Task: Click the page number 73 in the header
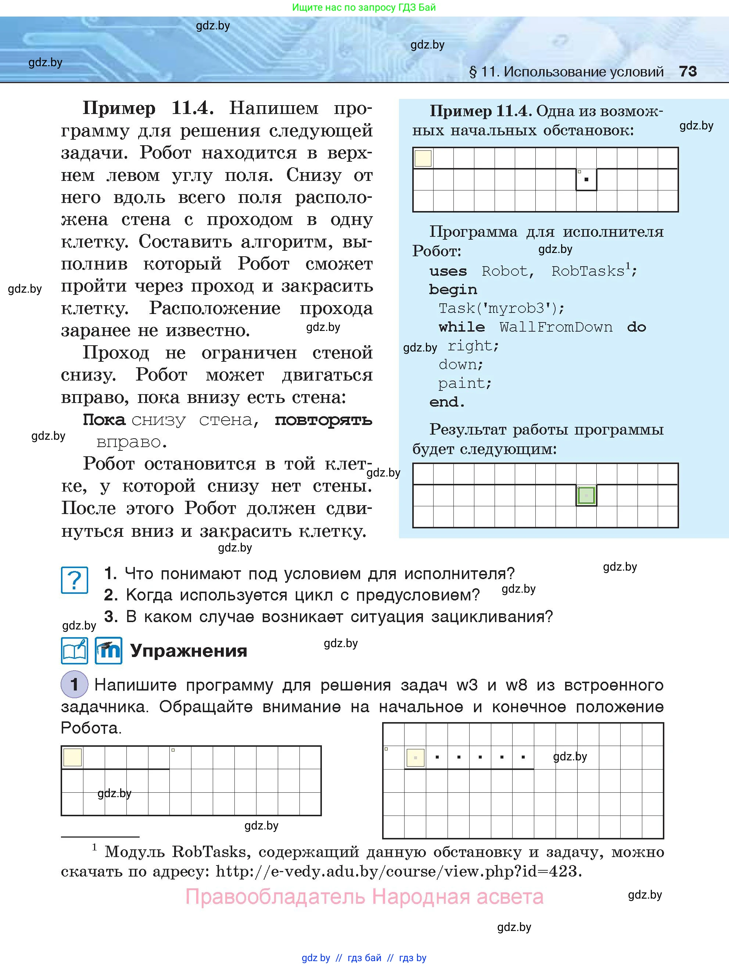click(x=688, y=71)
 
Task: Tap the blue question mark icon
click(x=75, y=580)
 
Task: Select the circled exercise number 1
click(x=74, y=684)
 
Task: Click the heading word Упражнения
click(x=189, y=651)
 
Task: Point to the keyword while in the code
click(x=462, y=327)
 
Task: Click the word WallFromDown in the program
click(x=556, y=327)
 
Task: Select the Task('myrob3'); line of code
click(x=502, y=308)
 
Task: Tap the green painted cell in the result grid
click(x=586, y=496)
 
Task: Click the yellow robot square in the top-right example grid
click(x=423, y=158)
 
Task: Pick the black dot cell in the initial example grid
click(x=586, y=179)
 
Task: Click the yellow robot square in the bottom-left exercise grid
click(x=72, y=757)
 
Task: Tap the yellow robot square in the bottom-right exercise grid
click(x=415, y=757)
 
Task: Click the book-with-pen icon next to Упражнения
click(x=75, y=650)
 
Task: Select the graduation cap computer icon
click(x=108, y=650)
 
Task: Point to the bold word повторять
click(x=323, y=420)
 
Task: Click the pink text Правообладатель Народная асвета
click(x=364, y=897)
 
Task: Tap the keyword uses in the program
click(x=448, y=271)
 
